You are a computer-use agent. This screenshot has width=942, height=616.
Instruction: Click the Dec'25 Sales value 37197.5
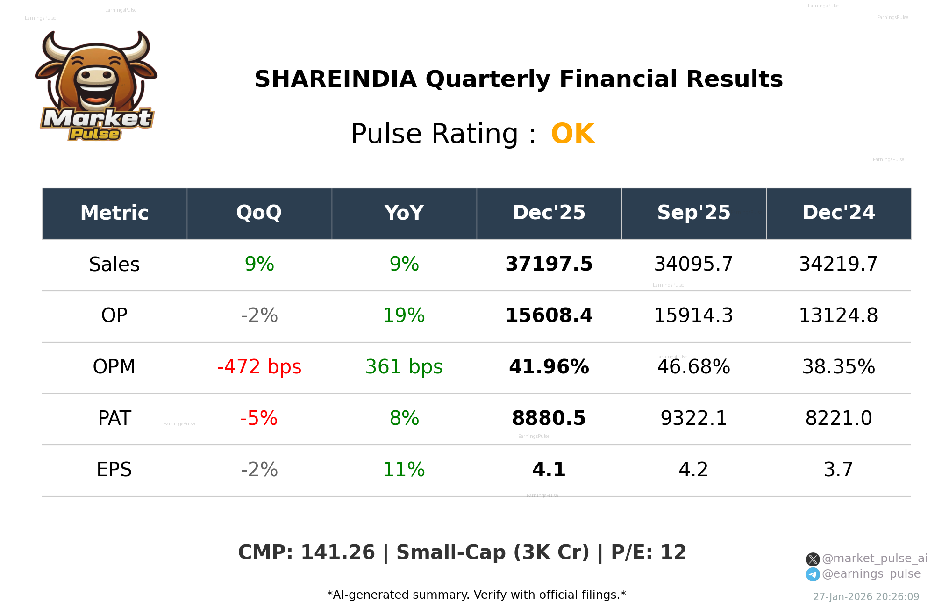coord(549,264)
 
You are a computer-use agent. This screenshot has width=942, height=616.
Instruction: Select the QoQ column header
coord(259,213)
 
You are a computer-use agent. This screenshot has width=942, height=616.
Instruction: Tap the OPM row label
coord(114,367)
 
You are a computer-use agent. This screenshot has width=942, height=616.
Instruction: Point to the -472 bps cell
coord(259,367)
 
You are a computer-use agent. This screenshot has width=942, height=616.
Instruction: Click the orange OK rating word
coord(572,134)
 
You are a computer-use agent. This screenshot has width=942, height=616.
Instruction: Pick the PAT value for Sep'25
coord(693,418)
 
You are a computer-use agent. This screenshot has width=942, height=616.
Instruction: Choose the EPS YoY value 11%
coord(404,470)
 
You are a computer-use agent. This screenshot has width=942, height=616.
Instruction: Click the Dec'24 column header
coord(838,213)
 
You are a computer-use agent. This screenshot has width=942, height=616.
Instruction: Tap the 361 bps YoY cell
coord(404,367)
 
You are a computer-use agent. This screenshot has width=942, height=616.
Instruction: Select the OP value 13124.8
coord(838,315)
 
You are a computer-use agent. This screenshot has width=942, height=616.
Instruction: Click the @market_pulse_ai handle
coord(874,559)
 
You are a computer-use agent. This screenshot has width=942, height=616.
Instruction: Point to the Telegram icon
coord(813,574)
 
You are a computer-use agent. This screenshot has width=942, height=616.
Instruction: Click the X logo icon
coord(813,559)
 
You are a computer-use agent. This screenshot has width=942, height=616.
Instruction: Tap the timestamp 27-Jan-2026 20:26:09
coord(866,597)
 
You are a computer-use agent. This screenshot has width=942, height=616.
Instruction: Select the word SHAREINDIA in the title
coord(335,79)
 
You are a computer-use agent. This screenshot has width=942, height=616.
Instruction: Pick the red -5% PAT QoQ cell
coord(259,418)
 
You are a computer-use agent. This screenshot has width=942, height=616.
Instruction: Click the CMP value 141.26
coord(337,552)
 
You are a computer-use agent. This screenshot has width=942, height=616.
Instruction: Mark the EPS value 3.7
coord(838,470)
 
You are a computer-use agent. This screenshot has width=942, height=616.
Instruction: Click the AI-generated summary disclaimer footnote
coord(476,595)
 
